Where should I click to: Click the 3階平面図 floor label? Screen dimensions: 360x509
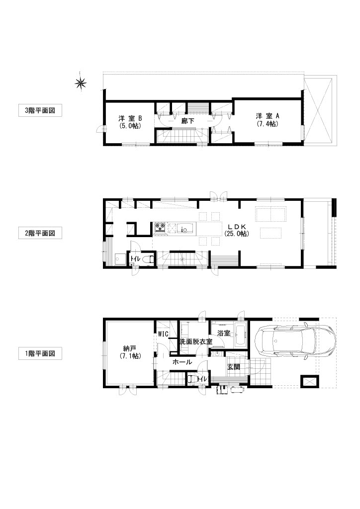click(40, 110)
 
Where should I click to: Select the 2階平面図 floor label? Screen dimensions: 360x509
click(40, 233)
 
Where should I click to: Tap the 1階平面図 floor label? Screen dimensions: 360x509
click(40, 353)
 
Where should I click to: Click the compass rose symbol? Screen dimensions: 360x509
click(81, 84)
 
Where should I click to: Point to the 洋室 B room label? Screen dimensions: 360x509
click(130, 118)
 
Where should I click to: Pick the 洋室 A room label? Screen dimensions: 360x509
click(268, 116)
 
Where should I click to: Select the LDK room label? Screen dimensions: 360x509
click(237, 226)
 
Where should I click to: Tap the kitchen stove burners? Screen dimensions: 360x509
click(160, 228)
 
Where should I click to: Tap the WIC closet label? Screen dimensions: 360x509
click(163, 334)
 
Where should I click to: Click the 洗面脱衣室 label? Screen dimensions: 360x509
click(196, 342)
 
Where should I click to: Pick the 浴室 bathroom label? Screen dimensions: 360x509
click(224, 333)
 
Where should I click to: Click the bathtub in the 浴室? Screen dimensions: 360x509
click(241, 335)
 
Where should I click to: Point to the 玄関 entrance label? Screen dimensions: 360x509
click(233, 367)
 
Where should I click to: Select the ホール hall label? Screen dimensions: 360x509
click(182, 362)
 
